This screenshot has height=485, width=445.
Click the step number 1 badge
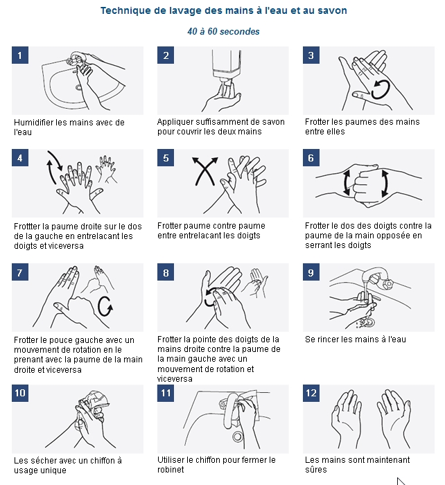[x=20, y=55]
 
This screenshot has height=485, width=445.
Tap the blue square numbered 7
[x=20, y=272]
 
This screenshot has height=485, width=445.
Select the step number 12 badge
[x=311, y=393]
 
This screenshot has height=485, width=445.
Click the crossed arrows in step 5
[x=204, y=170]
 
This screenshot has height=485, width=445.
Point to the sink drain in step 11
[x=238, y=436]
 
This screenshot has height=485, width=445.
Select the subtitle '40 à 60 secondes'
[x=223, y=31]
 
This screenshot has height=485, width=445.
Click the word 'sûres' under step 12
[x=316, y=470]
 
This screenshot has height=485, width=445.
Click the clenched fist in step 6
[x=365, y=185]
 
